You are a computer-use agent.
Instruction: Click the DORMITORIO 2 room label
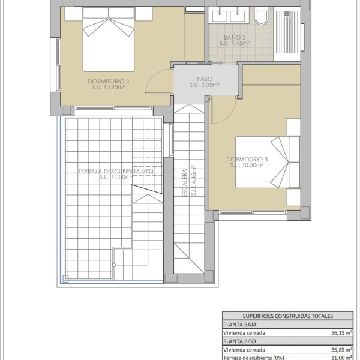[x=109, y=81]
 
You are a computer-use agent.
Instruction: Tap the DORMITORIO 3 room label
[x=247, y=160]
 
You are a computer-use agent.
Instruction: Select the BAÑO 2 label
[x=235, y=37]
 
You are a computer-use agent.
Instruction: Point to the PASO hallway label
[x=205, y=79]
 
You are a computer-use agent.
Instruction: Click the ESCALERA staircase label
[x=185, y=183]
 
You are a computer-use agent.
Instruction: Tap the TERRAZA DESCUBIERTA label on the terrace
[x=116, y=171]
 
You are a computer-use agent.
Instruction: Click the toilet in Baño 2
[x=261, y=16]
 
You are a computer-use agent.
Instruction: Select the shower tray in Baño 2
[x=287, y=34]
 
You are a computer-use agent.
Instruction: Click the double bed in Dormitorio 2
[x=109, y=39]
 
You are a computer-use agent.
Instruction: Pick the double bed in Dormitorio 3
[x=268, y=163]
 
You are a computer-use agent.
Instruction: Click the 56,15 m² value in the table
[x=342, y=332]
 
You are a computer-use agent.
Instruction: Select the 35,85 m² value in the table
[x=342, y=350]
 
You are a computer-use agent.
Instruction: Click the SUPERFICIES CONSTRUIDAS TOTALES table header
[x=287, y=316]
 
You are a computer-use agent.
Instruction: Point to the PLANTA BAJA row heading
[x=239, y=325]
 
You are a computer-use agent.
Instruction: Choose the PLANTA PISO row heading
[x=239, y=341]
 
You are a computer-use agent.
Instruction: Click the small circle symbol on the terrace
[x=114, y=265]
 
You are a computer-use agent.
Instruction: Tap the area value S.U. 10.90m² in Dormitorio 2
[x=108, y=87]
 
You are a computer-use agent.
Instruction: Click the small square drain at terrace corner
[x=65, y=278]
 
